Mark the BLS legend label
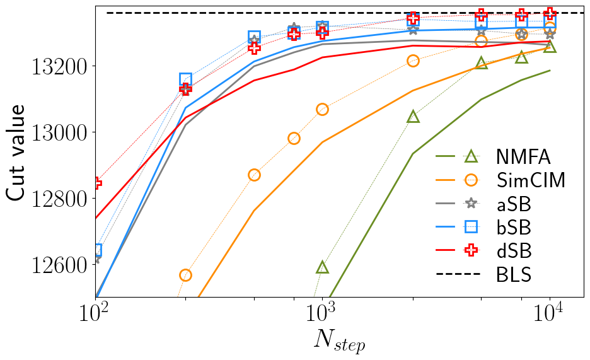click(513, 275)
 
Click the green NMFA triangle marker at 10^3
click(322, 267)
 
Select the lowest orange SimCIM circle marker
click(185, 275)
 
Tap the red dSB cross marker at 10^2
click(96, 183)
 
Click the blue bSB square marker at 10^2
click(96, 250)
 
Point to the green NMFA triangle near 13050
click(413, 117)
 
